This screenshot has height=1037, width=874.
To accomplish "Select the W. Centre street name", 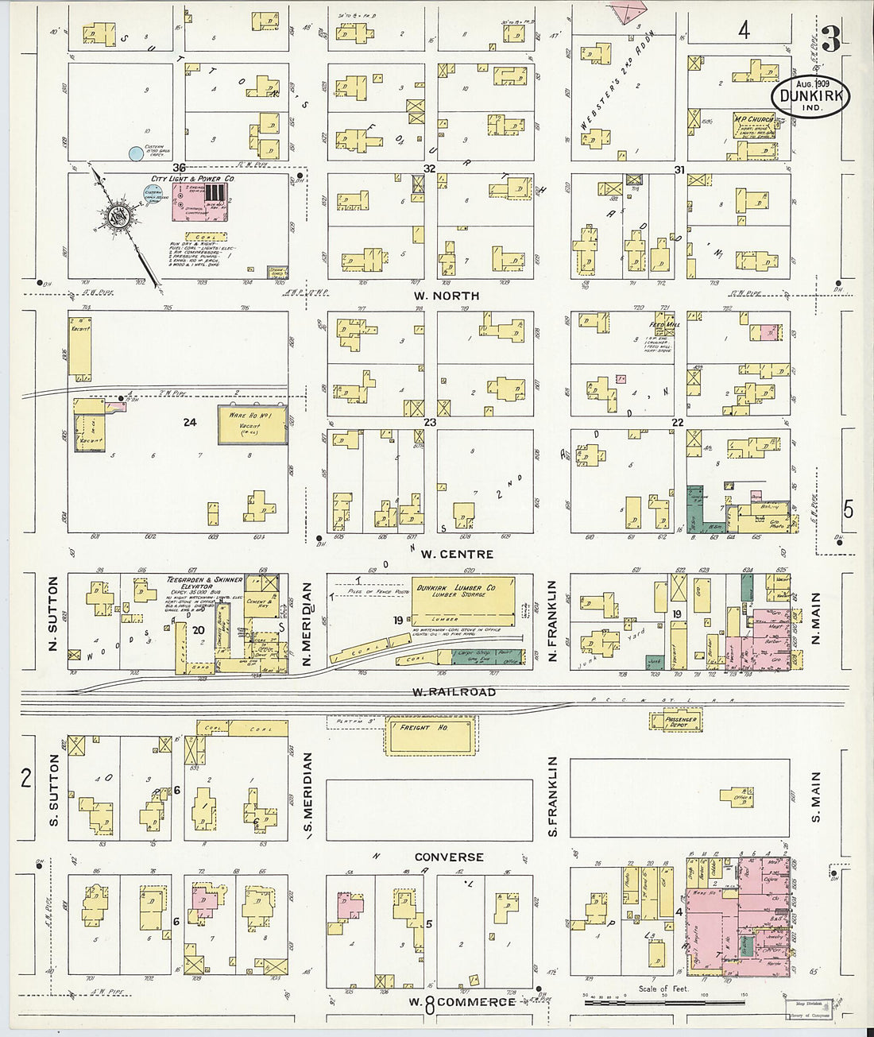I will click(x=457, y=554).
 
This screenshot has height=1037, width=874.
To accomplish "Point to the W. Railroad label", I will click(x=454, y=692).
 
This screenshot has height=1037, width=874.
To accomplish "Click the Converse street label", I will click(x=449, y=857).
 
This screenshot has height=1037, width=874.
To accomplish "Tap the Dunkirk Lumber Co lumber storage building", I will click(x=463, y=602).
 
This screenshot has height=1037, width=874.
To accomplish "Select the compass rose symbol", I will click(x=116, y=220).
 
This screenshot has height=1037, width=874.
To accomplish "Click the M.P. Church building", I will click(x=754, y=125).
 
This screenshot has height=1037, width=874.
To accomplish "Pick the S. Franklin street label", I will click(x=553, y=795).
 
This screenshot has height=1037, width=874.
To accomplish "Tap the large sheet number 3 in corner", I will click(x=831, y=38).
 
